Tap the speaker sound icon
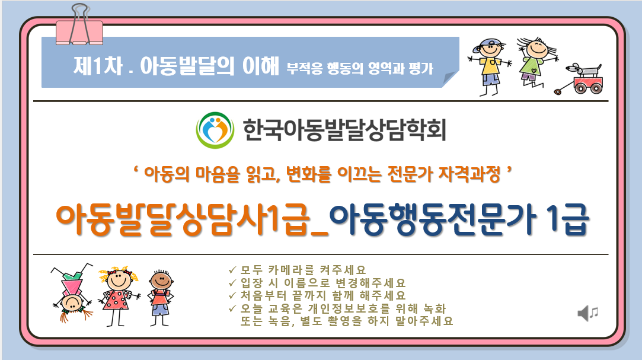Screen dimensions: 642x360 pos(588,313)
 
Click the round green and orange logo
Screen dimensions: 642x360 pos(215,130)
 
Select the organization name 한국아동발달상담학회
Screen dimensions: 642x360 pos(344,130)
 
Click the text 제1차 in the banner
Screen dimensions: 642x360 pos(98,65)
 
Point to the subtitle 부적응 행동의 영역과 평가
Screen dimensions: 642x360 pos(359,68)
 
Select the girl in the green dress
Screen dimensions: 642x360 pos(535,62)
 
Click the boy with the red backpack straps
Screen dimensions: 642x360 pos(161,298)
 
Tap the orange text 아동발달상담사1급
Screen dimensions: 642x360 pos(183,221)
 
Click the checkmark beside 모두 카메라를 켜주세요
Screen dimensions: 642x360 pos(232,270)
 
